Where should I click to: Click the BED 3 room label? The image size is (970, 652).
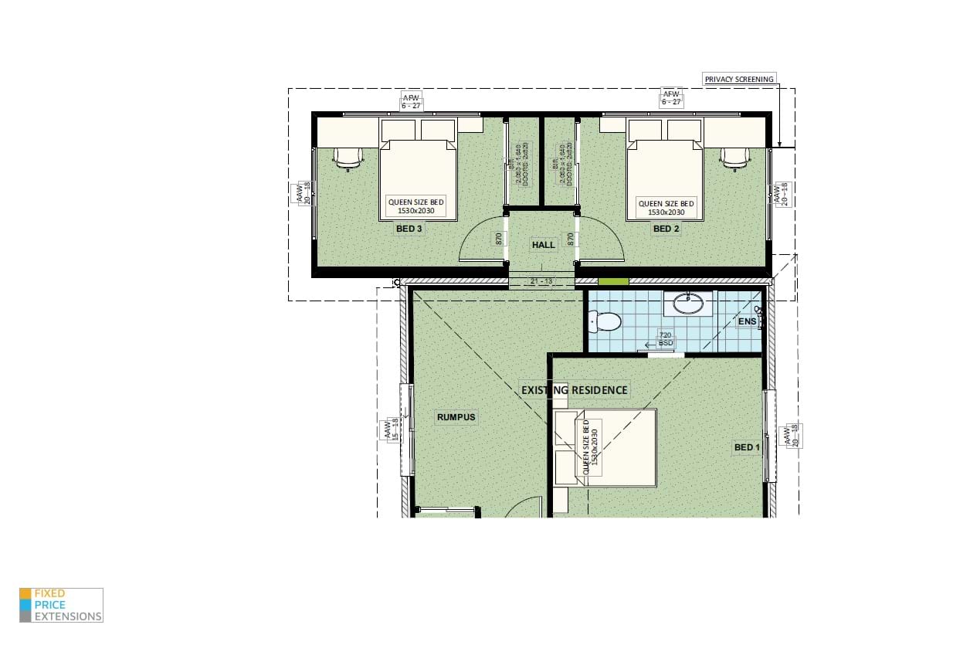click(x=409, y=229)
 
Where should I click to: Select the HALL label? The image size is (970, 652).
click(x=543, y=245)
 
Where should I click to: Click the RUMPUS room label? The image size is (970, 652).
click(x=456, y=417)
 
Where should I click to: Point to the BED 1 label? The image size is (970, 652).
click(x=747, y=447)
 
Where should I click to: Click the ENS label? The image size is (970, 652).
click(x=747, y=321)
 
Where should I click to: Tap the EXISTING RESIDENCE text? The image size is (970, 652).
click(x=575, y=390)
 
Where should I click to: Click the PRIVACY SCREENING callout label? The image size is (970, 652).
click(x=738, y=79)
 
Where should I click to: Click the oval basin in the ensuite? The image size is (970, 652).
click(x=687, y=304)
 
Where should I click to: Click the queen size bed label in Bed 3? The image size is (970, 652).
click(x=416, y=207)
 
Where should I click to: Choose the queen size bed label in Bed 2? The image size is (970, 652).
click(x=666, y=207)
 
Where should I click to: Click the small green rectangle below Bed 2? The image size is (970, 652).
click(x=614, y=282)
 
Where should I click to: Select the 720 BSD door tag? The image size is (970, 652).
click(x=666, y=338)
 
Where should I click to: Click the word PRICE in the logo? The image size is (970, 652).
click(x=49, y=605)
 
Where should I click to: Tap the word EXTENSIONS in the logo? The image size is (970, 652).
click(x=68, y=616)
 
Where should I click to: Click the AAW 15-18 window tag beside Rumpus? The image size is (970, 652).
click(x=390, y=430)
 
